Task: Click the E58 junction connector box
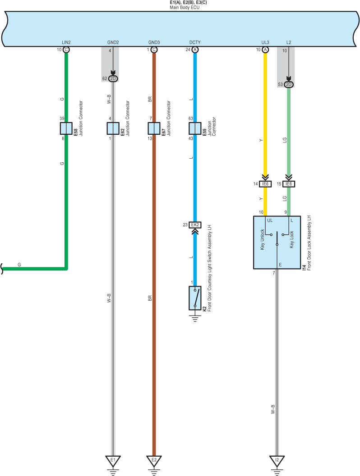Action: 66,128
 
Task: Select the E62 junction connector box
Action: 113,128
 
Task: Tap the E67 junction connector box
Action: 154,128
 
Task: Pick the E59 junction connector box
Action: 195,128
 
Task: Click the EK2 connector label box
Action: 195,225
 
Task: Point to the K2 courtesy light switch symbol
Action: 195,298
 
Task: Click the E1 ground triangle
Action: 113,460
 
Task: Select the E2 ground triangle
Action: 154,460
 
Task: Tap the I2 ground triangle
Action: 277,460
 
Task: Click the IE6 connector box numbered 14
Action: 265,184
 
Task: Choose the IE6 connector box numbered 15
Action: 289,184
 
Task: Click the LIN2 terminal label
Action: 66,42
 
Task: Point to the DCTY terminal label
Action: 195,42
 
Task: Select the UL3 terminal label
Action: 265,42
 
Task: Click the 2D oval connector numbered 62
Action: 113,79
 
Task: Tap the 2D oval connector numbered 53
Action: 289,85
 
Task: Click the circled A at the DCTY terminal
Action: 195,50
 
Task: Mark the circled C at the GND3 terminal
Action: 154,50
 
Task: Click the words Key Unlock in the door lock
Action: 263,239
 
